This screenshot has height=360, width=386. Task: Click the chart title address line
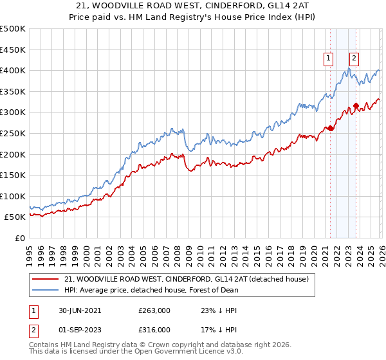(192, 6)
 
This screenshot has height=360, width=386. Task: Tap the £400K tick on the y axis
(14, 70)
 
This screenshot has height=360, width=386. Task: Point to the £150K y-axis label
(14, 175)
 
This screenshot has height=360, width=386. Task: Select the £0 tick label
(19, 238)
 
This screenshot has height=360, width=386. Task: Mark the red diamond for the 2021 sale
(331, 128)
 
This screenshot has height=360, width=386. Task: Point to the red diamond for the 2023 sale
(356, 106)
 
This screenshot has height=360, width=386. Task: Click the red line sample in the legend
(46, 279)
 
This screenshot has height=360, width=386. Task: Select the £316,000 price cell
(154, 329)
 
